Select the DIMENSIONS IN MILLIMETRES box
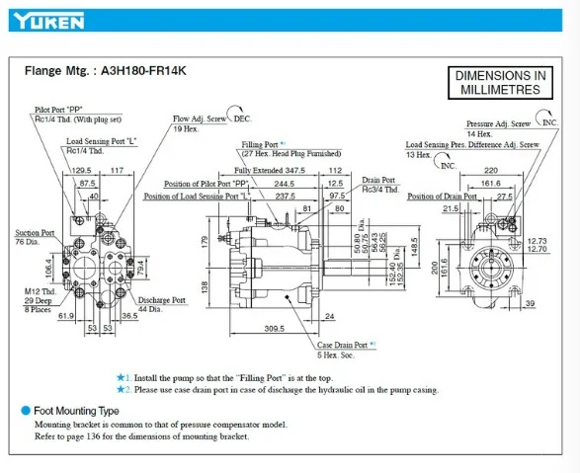pos(500,83)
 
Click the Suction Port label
pos(35,234)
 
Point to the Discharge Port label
pos(162,299)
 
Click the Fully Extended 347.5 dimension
pos(270,170)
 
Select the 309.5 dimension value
pos(282,326)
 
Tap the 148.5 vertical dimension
pos(416,244)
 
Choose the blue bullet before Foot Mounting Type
pos(26,410)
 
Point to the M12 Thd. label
pos(41,292)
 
